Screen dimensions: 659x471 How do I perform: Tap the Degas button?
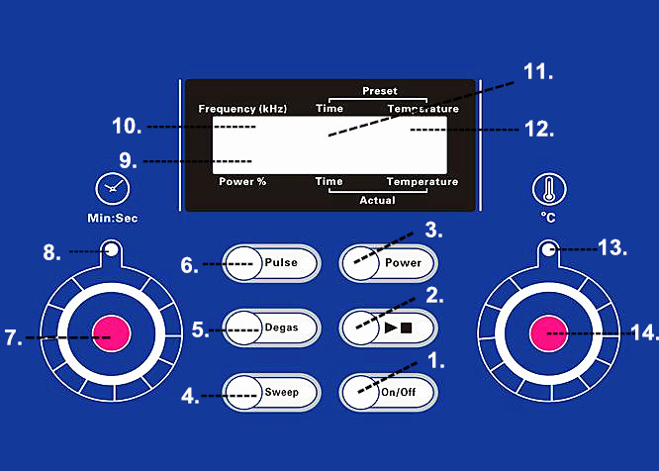(x=271, y=329)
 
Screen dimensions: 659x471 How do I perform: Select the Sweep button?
(x=271, y=393)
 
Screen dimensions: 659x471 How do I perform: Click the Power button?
(x=388, y=263)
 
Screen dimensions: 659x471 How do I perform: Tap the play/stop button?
(x=388, y=329)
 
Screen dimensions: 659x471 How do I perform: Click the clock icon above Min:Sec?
(x=113, y=189)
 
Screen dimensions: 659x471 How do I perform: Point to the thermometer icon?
(x=549, y=189)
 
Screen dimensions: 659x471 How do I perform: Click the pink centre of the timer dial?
(x=112, y=333)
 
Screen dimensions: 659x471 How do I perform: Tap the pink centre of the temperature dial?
(x=549, y=333)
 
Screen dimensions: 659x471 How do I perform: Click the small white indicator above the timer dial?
(x=112, y=250)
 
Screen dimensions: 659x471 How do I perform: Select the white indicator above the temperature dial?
(x=548, y=250)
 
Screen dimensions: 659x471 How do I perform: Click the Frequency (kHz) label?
(x=242, y=109)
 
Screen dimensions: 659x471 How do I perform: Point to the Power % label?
(x=242, y=181)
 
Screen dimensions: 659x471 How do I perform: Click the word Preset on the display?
(x=380, y=91)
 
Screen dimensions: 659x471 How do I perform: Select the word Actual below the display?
(x=377, y=200)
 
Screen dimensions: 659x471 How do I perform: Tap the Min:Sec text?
(x=113, y=218)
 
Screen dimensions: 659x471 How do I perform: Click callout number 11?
(x=538, y=72)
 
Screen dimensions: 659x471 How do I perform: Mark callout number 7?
(x=14, y=337)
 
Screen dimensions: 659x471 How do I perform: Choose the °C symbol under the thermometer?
(x=548, y=218)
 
